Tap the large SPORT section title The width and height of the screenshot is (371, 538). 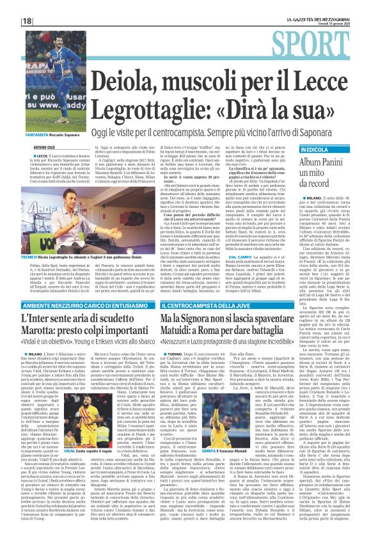coord(326,45)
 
